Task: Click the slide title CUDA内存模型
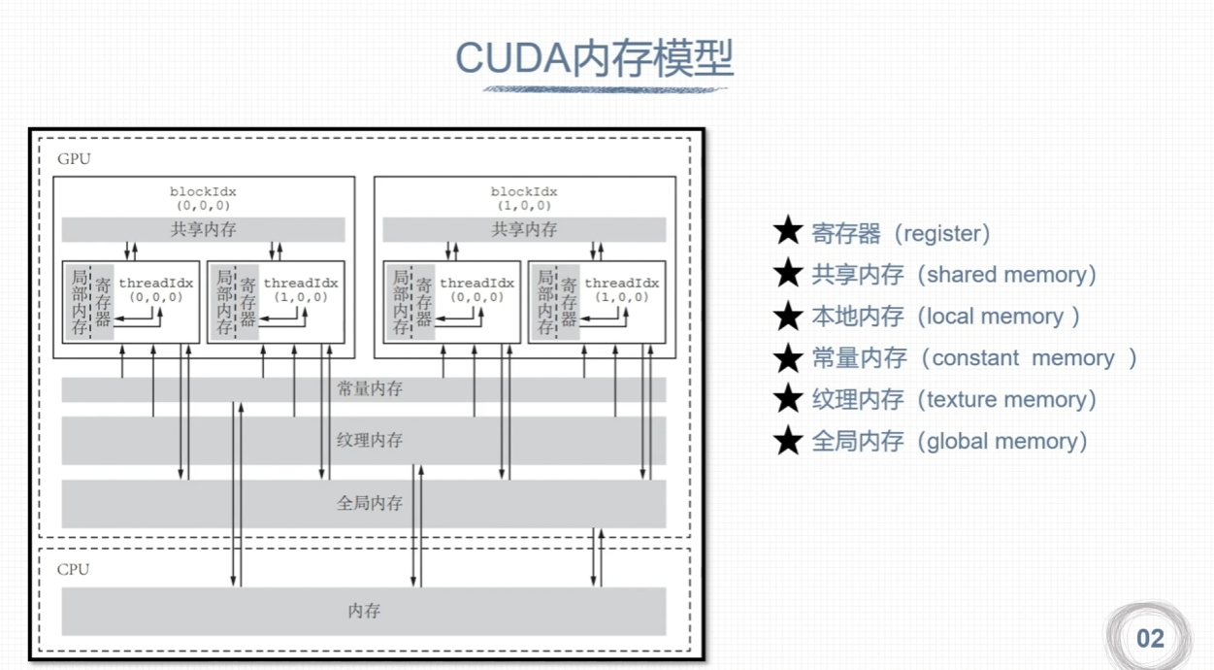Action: (x=595, y=59)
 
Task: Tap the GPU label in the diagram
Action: (x=74, y=158)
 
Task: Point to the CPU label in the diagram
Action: (x=73, y=569)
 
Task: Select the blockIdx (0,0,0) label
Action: (x=203, y=199)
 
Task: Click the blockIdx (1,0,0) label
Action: (x=524, y=199)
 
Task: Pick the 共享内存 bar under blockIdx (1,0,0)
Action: (x=524, y=230)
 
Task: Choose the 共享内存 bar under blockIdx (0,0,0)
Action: (x=203, y=230)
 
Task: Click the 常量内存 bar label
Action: (x=370, y=389)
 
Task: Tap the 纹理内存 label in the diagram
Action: (x=370, y=440)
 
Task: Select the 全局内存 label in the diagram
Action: (x=370, y=503)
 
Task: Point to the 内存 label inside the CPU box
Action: (x=364, y=611)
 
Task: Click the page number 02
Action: (x=1150, y=638)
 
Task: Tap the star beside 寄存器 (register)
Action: (x=788, y=233)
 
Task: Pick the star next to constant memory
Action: (x=788, y=358)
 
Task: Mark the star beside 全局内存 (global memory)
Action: (x=788, y=442)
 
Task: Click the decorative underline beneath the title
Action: (x=606, y=89)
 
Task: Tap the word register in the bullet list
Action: (x=941, y=233)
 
